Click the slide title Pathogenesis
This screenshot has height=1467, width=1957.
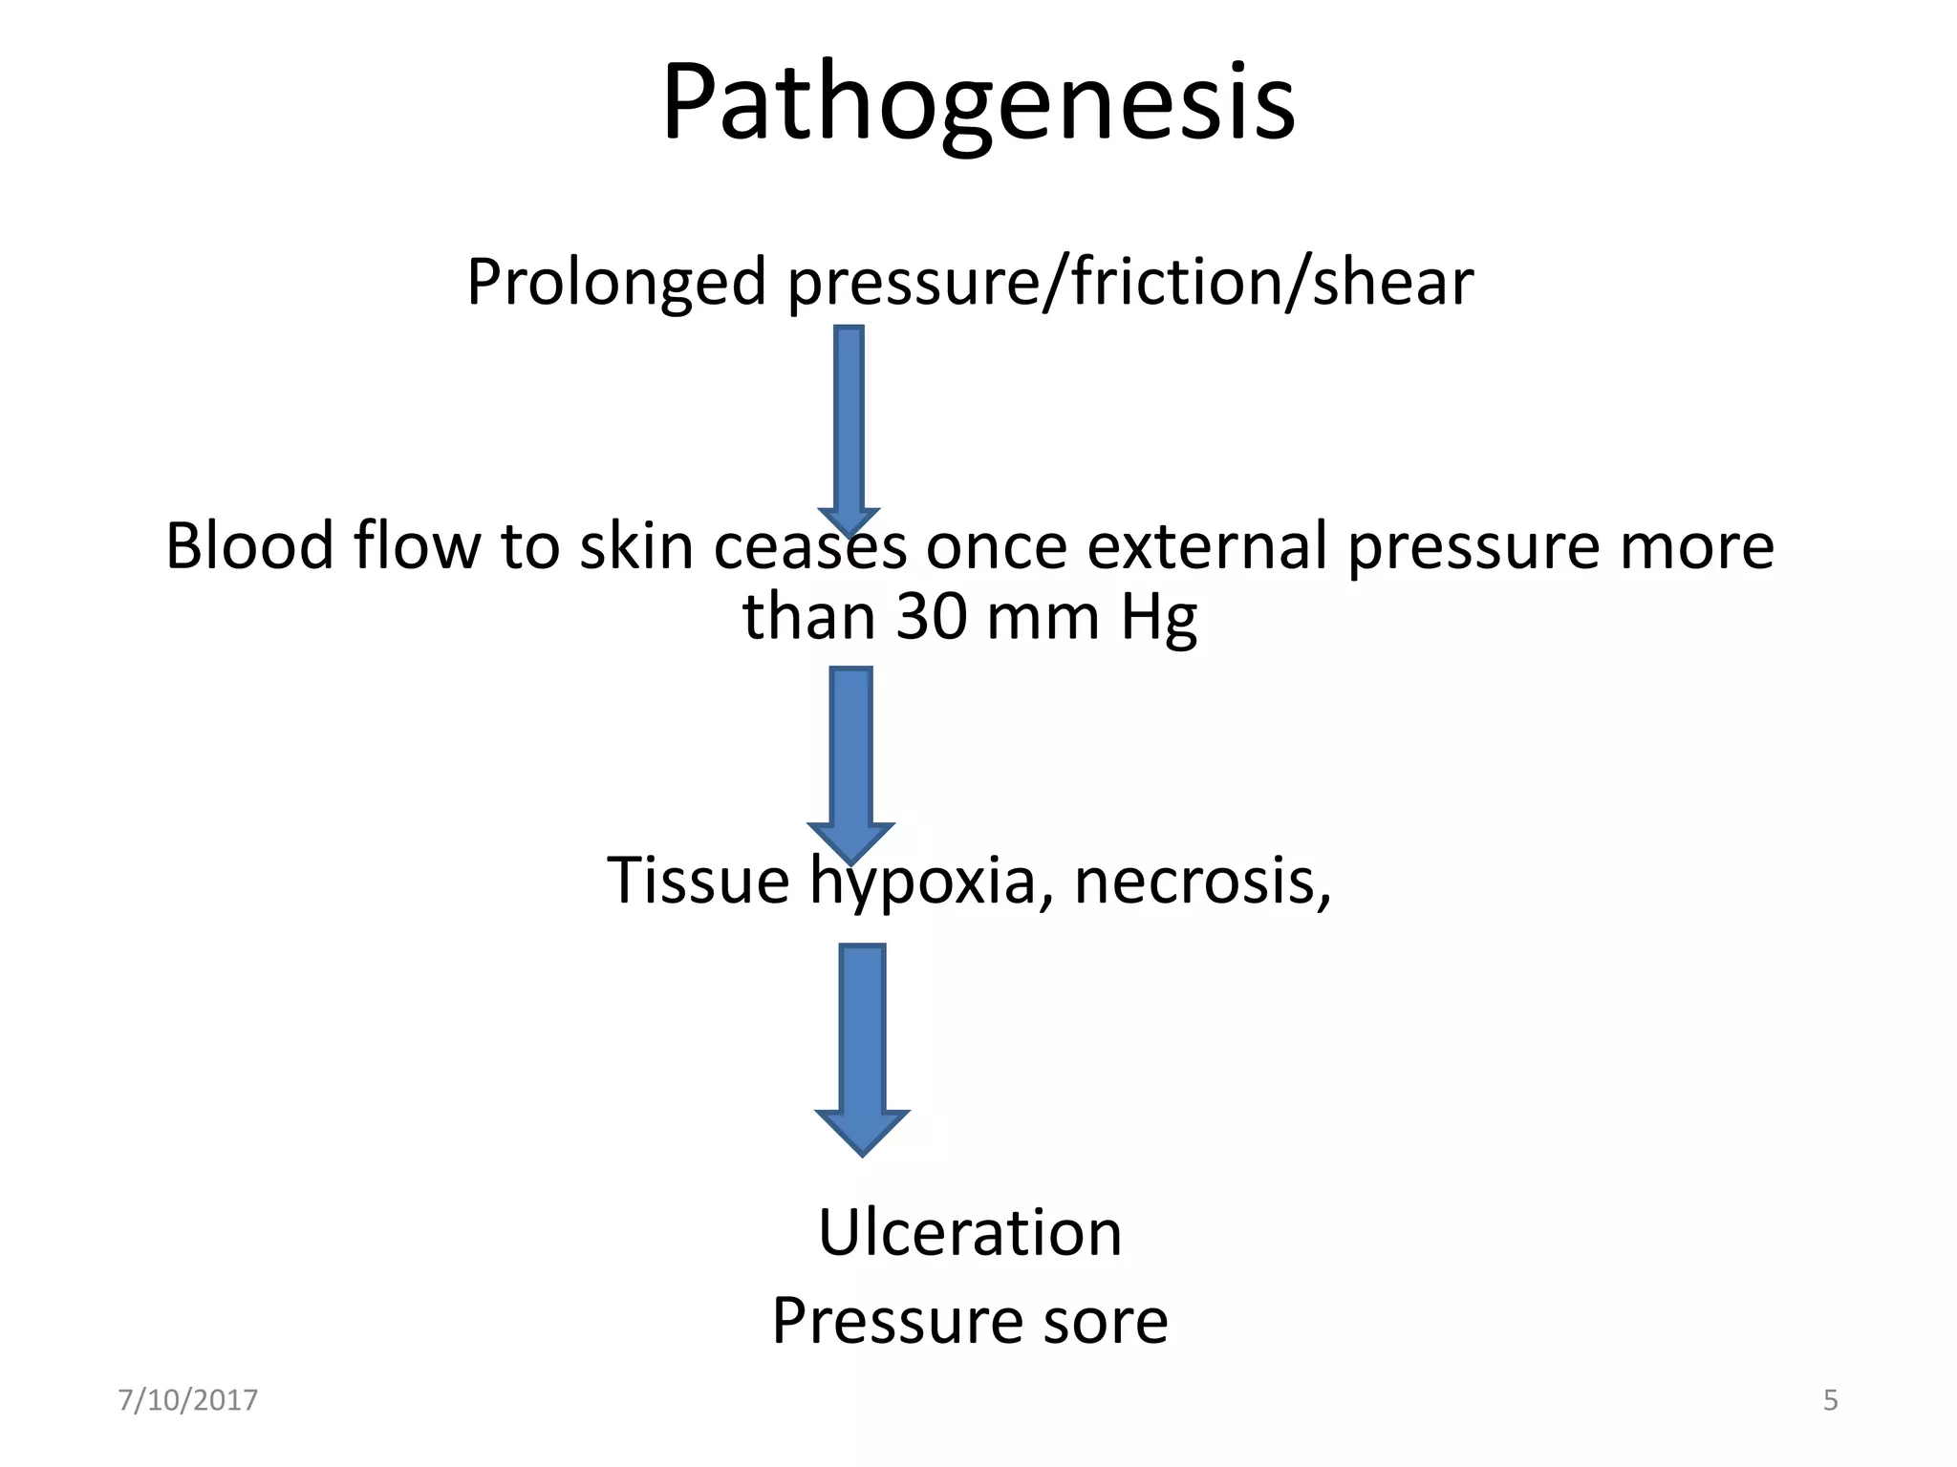pyautogui.click(x=978, y=103)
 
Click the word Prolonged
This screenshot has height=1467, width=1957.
pyautogui.click(x=616, y=283)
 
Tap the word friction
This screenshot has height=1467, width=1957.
pyautogui.click(x=1168, y=283)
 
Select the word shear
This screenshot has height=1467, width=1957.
pyautogui.click(x=1392, y=283)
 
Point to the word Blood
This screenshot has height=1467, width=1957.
pyautogui.click(x=249, y=546)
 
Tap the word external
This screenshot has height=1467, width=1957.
pyautogui.click(x=1207, y=546)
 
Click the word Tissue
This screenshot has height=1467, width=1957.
pyautogui.click(x=698, y=880)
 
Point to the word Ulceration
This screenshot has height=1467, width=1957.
pyautogui.click(x=970, y=1232)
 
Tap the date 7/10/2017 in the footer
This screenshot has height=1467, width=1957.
pyautogui.click(x=187, y=1400)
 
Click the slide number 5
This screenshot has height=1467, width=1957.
pyautogui.click(x=1830, y=1400)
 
